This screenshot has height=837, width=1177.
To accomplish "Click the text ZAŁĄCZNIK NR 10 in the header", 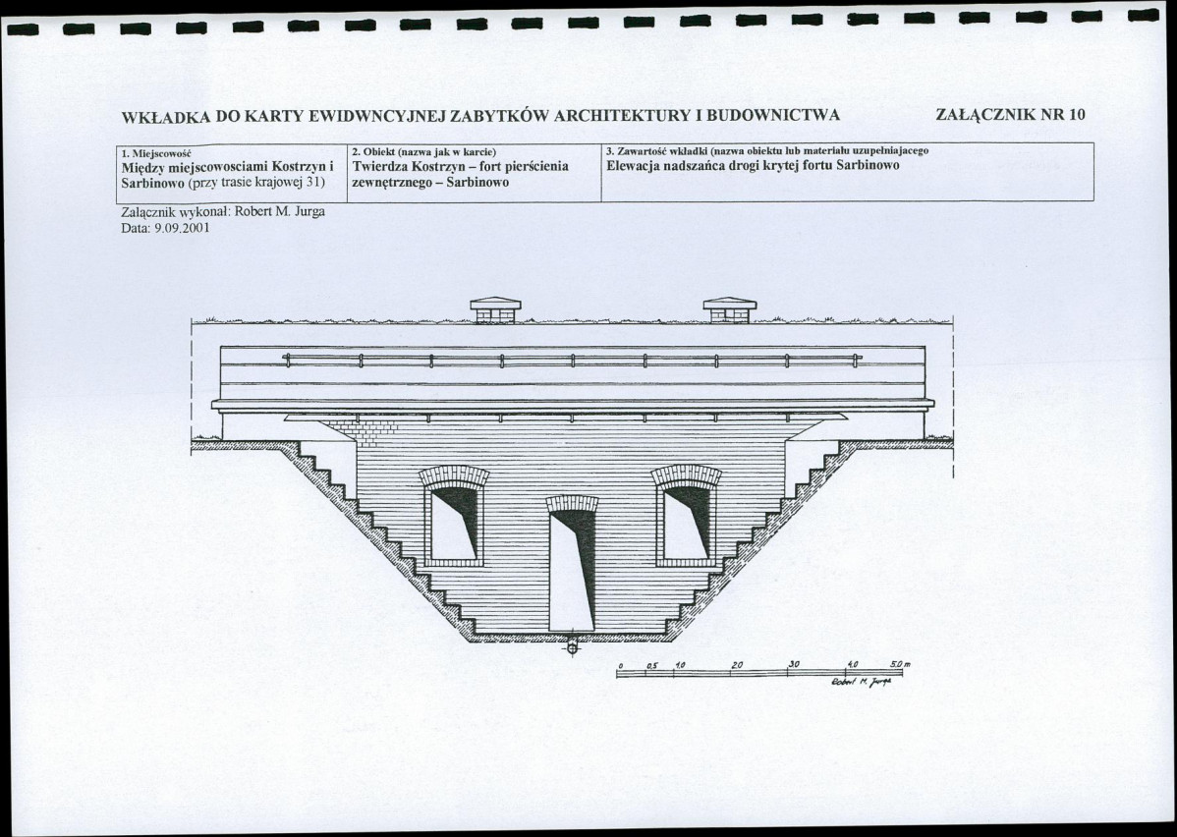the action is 1010,115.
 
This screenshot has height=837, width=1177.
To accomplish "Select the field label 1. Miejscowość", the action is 157,152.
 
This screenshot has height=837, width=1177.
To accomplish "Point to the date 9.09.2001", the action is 181,228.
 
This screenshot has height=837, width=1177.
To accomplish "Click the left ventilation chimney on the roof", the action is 495,310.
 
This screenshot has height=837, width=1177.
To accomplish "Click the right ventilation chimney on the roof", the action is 730,310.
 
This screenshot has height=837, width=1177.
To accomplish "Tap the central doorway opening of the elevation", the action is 572,571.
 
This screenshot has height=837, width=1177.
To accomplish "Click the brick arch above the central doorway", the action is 572,503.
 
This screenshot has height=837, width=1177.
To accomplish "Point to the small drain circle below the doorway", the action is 572,644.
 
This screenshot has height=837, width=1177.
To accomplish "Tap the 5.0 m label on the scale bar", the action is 900,664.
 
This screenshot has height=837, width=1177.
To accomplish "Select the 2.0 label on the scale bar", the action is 737,665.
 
